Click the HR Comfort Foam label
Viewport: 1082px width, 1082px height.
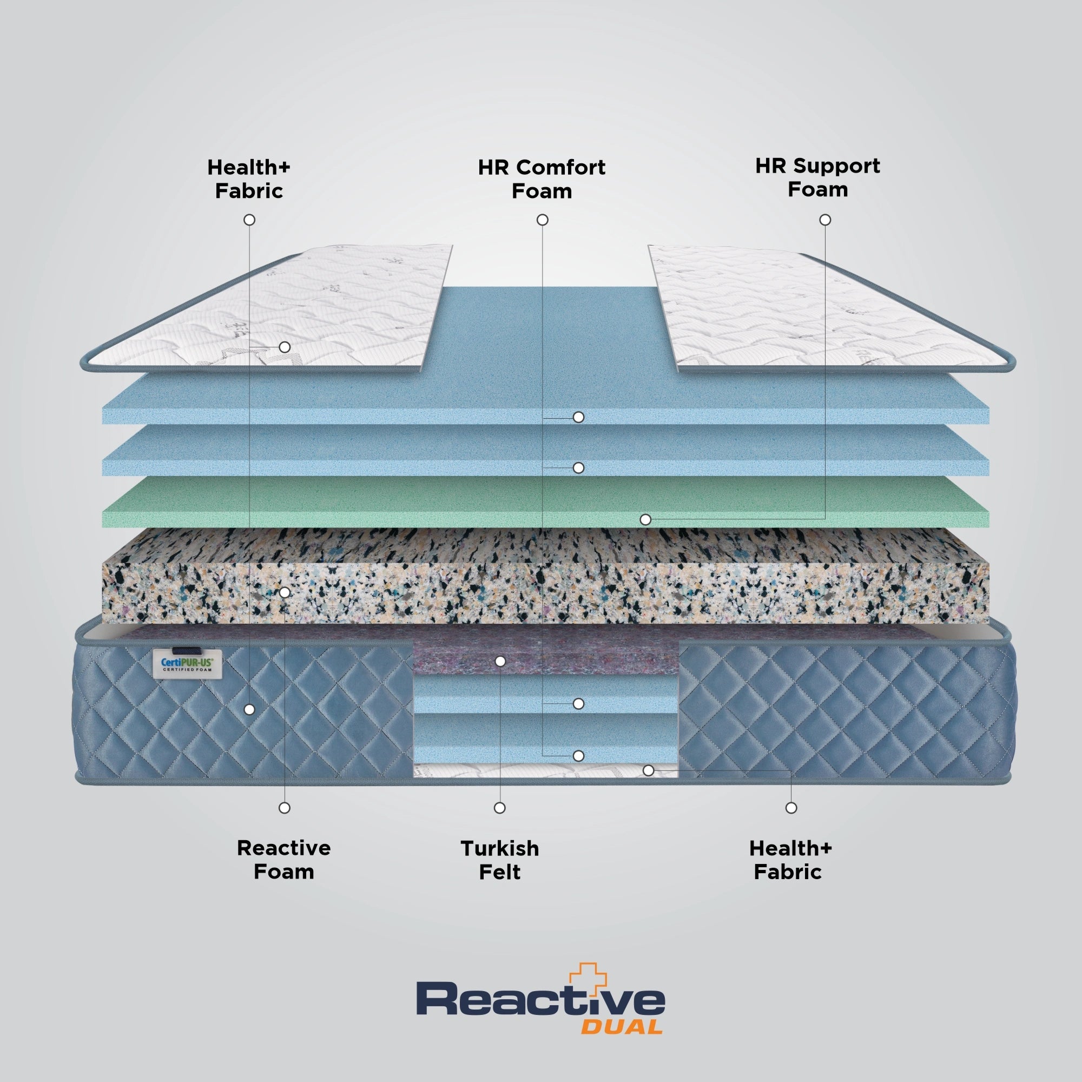tap(542, 179)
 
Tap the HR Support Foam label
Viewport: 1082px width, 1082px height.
tap(817, 177)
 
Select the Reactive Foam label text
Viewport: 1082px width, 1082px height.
tap(284, 860)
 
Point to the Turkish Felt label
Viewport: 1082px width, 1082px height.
tap(499, 860)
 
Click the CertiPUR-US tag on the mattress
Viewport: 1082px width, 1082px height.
tap(188, 665)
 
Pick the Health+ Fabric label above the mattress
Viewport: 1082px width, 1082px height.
tap(249, 179)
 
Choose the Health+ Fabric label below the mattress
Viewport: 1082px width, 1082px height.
tap(790, 860)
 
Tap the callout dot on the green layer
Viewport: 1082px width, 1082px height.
tap(645, 520)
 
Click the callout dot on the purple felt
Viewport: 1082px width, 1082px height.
tap(500, 662)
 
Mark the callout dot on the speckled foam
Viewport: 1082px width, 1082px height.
tap(285, 592)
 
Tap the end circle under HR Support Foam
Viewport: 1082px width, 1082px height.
tap(825, 220)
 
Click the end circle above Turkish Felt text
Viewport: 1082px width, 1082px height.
tap(499, 808)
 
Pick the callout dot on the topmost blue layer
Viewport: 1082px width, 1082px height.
tap(578, 417)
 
